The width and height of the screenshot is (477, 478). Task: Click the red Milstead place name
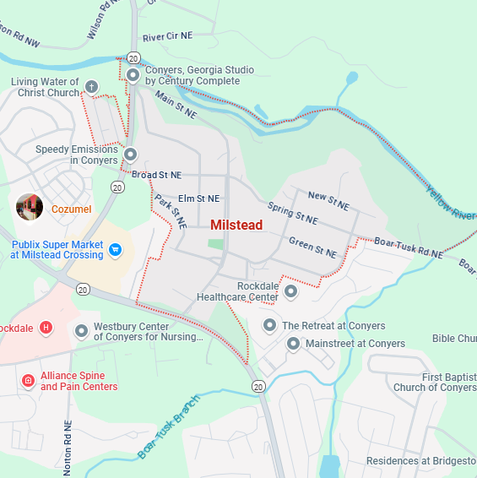236,225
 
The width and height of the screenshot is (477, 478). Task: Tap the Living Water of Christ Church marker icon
92,87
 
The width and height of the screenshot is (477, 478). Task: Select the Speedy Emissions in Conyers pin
131,155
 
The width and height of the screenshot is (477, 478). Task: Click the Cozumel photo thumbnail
30,207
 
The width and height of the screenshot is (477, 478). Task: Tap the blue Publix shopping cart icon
117,249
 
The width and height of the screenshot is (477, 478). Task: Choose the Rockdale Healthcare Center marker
290,291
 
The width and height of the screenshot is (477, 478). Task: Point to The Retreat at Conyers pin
269,325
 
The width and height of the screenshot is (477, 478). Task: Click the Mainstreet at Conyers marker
293,344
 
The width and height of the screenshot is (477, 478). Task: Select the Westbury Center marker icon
82,331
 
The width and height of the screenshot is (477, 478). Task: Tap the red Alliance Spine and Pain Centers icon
28,381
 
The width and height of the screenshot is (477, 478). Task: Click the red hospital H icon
46,327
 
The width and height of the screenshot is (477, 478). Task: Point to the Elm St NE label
198,198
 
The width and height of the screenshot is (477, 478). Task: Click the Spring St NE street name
292,213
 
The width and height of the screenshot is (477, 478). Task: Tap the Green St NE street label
312,247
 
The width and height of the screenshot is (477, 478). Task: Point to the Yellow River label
451,202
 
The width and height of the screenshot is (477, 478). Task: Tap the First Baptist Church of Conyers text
435,382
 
